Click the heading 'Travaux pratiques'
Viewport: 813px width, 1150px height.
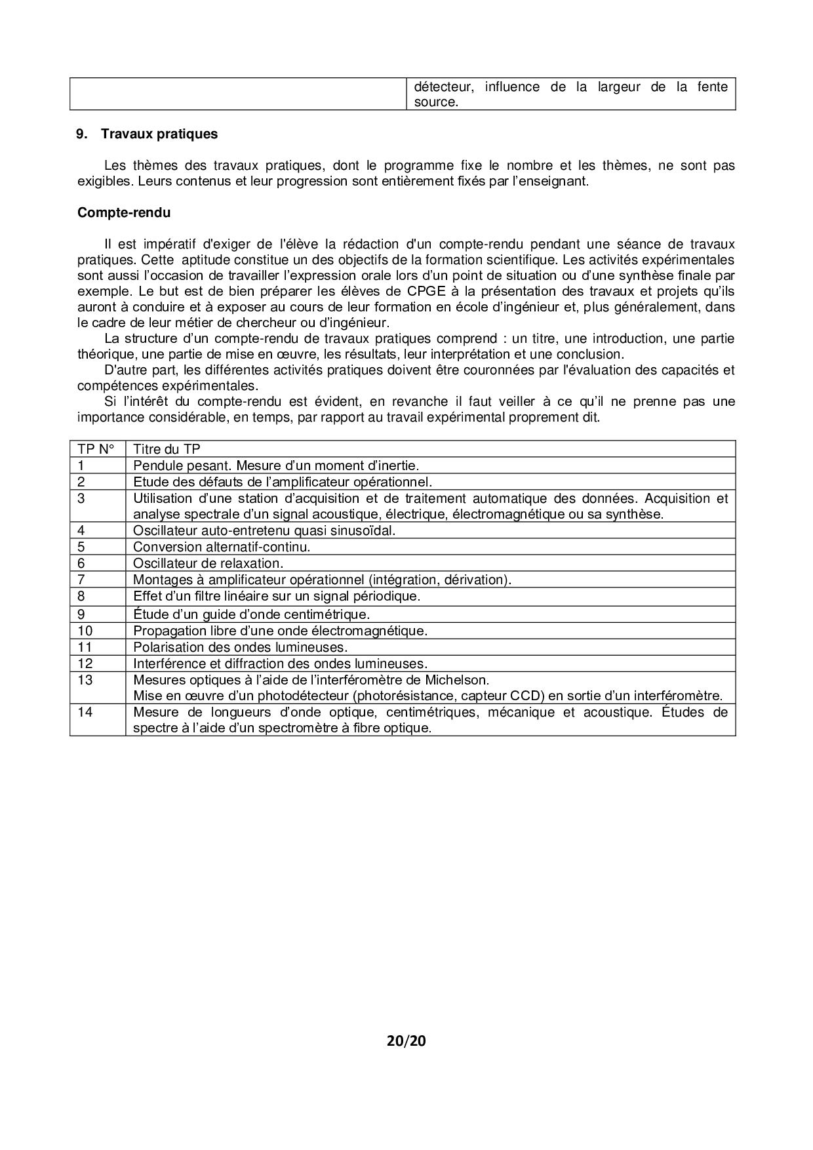point(159,134)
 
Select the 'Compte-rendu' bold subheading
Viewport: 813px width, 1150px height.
point(124,212)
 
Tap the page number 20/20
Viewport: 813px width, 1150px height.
point(406,1041)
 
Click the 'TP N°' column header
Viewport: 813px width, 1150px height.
point(96,449)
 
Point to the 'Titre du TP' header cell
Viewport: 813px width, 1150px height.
point(167,449)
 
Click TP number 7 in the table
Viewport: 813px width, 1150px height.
point(81,580)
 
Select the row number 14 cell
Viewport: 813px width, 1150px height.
point(85,712)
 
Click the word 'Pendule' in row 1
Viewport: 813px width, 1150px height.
point(155,466)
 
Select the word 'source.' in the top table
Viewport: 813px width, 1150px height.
point(435,102)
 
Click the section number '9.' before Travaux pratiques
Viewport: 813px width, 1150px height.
point(82,134)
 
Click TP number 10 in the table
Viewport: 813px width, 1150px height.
point(85,631)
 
